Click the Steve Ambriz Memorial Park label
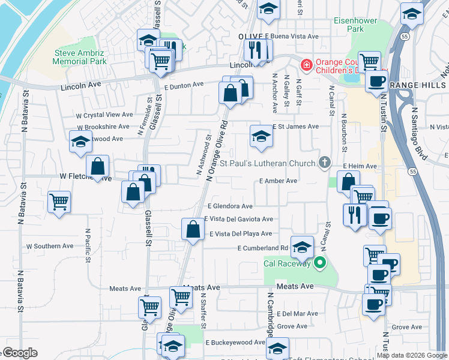(79, 57)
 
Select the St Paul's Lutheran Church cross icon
(324, 162)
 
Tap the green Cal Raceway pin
(319, 262)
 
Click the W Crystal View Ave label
(104, 115)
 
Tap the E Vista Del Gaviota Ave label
(238, 220)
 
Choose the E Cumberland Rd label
(263, 248)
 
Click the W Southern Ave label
(50, 246)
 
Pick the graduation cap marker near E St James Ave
(261, 136)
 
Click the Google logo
(20, 353)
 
